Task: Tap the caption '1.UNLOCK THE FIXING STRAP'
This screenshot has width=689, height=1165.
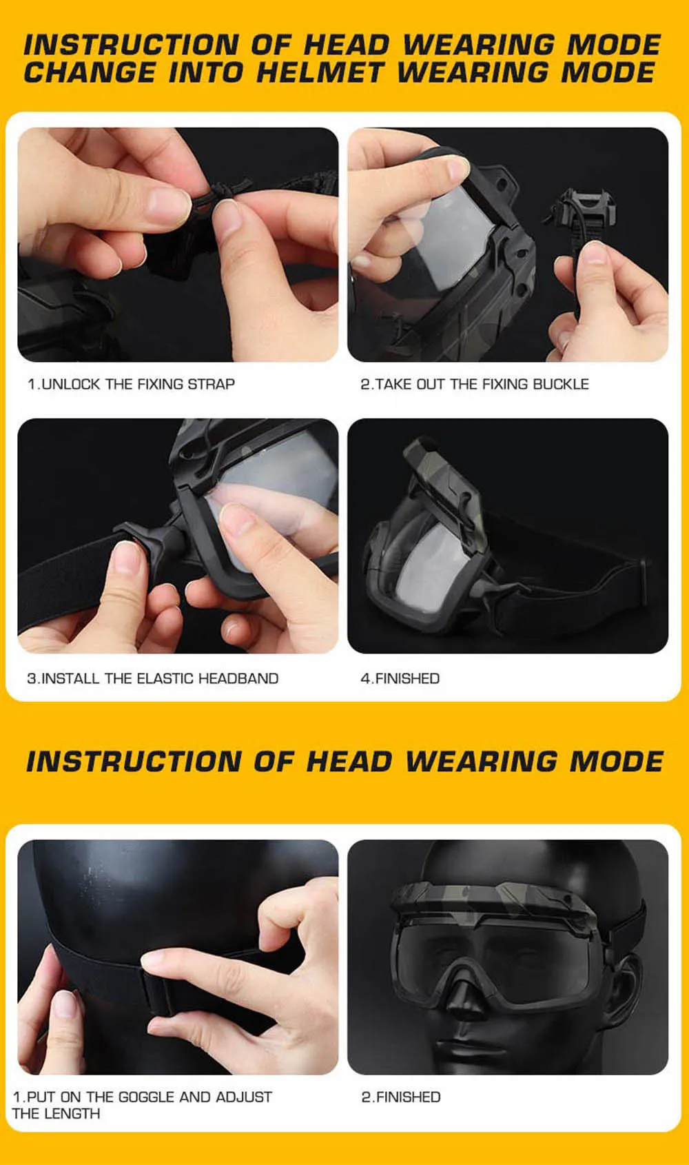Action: [131, 384]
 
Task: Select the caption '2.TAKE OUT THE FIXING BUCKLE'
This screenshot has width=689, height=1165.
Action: [474, 384]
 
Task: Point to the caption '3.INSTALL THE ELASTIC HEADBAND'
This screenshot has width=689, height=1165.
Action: [152, 678]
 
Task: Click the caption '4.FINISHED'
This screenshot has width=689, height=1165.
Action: [400, 678]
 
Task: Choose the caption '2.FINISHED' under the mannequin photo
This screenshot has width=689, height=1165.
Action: [401, 1097]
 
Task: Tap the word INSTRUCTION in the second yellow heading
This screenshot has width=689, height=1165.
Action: [134, 762]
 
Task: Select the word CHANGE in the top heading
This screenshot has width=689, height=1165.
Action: [90, 72]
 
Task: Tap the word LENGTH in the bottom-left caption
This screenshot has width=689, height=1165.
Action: [71, 1113]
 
